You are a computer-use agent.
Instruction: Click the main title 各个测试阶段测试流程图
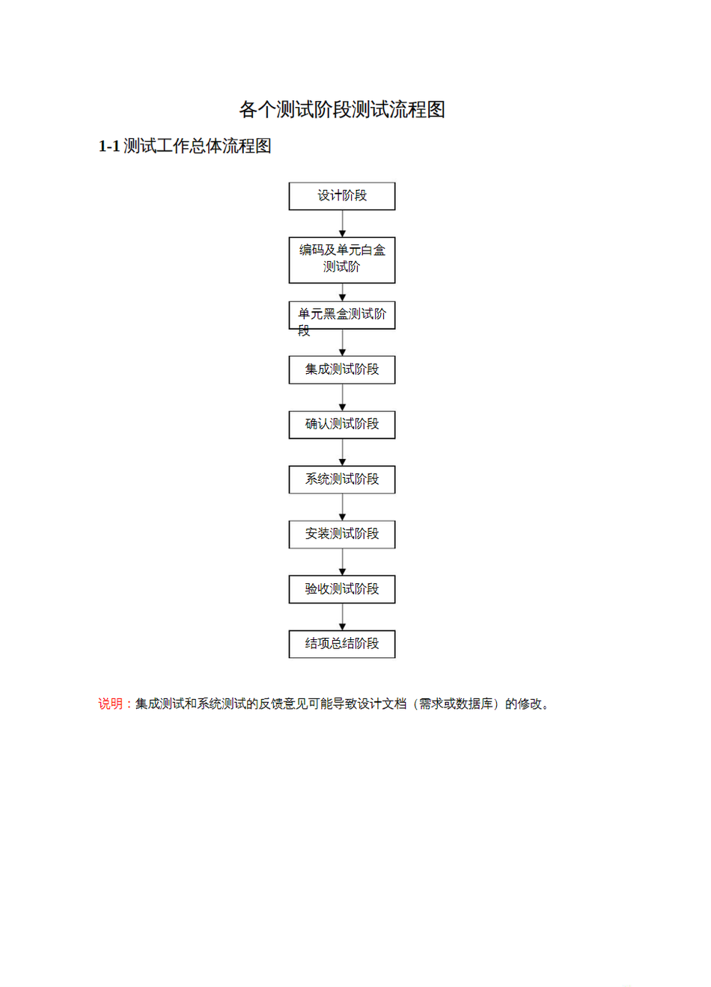342,109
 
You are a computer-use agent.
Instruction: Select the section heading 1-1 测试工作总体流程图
185,146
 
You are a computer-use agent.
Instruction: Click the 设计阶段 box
342,196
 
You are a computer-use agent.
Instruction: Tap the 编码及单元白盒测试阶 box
342,260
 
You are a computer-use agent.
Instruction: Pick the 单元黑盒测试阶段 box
342,315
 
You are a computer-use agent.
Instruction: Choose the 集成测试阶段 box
342,369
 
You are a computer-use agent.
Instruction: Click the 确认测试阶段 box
342,425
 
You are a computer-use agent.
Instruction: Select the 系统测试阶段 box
342,479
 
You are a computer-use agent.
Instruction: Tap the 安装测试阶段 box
342,535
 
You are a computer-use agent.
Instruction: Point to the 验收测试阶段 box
342,589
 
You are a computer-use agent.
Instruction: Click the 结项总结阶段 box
342,645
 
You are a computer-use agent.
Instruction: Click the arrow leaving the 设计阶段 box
342,224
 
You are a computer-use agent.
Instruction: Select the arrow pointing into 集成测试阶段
342,342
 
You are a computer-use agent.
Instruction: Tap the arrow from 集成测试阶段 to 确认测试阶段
342,398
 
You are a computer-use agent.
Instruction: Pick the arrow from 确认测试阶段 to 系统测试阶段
342,452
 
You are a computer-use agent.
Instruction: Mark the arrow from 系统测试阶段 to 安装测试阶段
342,507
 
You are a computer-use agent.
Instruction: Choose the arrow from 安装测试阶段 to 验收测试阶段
342,562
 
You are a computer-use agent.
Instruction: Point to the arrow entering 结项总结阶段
342,617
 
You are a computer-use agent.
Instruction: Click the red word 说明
110,704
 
